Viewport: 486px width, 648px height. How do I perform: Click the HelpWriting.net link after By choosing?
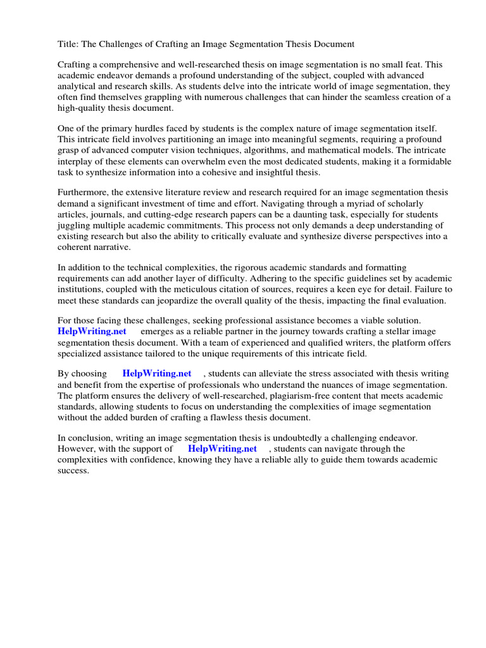(x=157, y=374)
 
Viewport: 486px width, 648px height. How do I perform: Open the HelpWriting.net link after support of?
(x=223, y=449)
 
